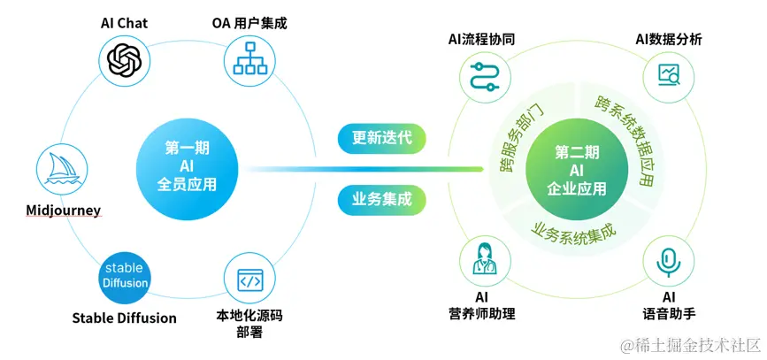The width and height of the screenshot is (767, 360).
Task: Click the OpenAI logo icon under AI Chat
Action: (x=124, y=61)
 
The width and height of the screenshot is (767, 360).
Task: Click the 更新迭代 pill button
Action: (x=382, y=138)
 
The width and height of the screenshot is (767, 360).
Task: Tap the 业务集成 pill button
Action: (x=382, y=199)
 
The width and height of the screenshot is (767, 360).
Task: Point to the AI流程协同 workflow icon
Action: (x=482, y=77)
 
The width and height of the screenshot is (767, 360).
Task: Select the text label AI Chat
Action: (x=124, y=23)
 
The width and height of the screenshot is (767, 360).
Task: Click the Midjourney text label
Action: (x=63, y=211)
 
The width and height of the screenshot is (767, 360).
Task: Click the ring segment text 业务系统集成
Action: (x=573, y=228)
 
